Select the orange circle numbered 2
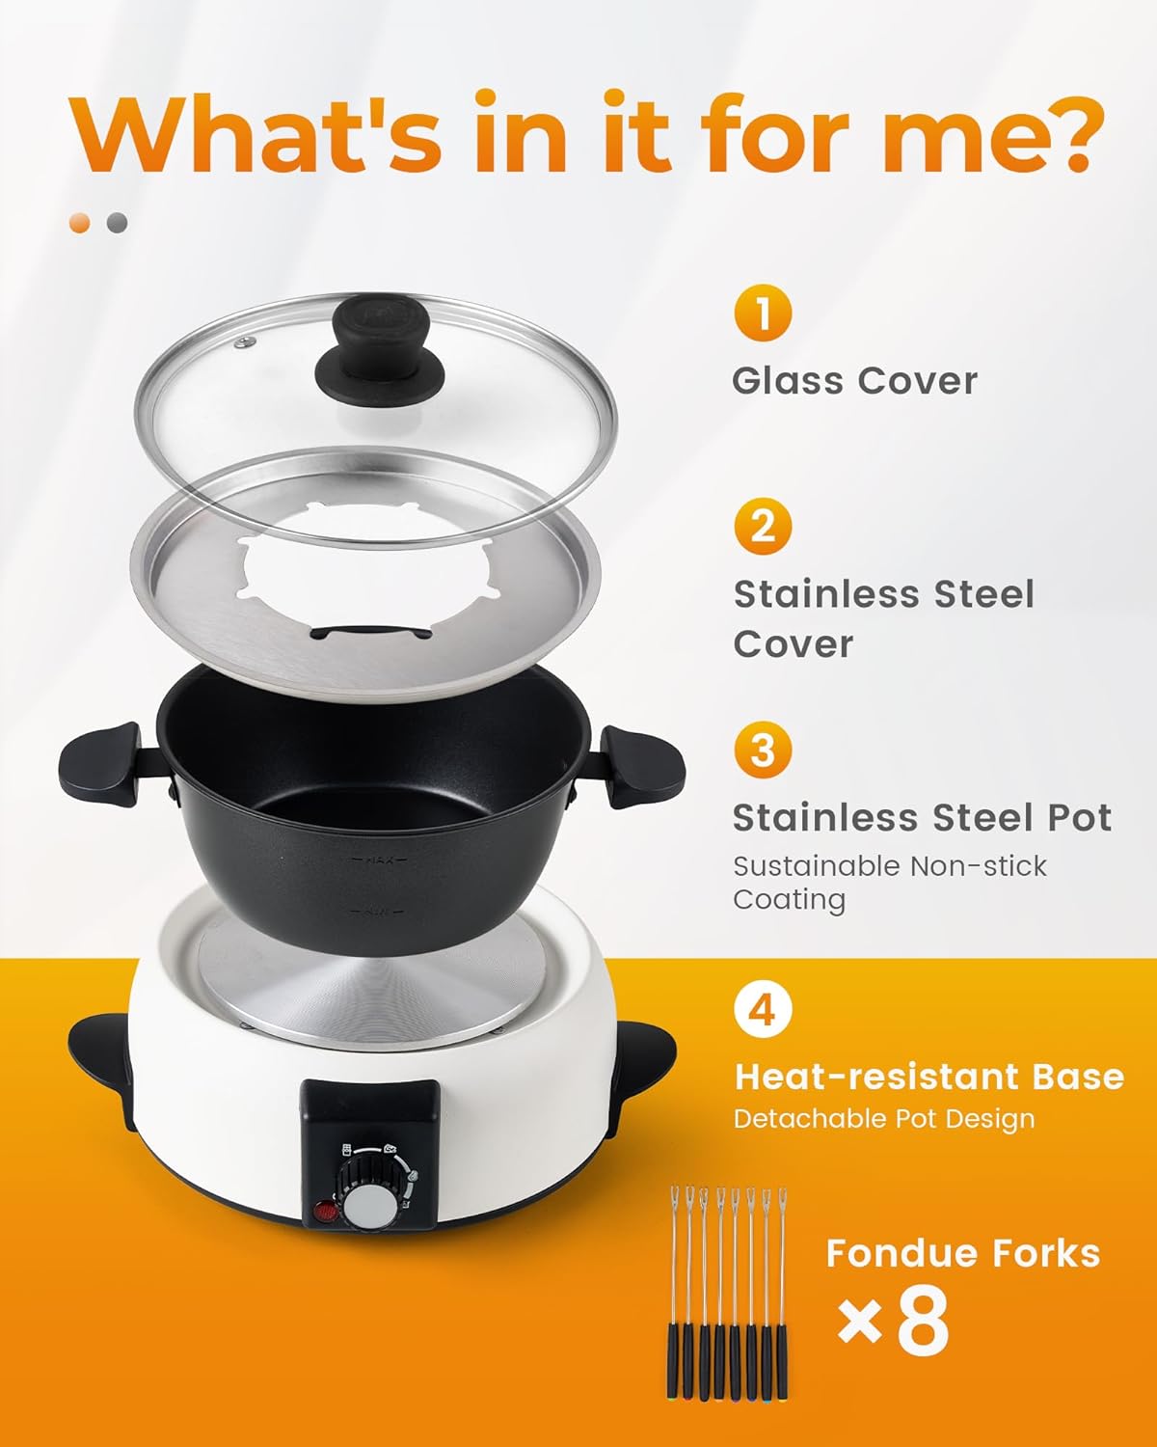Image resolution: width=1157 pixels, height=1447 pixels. click(x=763, y=528)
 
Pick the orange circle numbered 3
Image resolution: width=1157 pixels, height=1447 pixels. click(x=763, y=750)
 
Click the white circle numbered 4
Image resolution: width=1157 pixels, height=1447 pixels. click(x=763, y=1010)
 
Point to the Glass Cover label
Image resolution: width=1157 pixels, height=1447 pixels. click(x=854, y=381)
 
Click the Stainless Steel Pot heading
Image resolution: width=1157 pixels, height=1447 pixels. click(x=922, y=817)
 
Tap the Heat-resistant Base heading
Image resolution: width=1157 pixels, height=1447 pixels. click(x=929, y=1076)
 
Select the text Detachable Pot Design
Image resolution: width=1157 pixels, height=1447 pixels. click(x=884, y=1119)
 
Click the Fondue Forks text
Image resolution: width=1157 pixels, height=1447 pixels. click(x=963, y=1253)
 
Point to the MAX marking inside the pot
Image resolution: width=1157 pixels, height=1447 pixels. click(x=377, y=860)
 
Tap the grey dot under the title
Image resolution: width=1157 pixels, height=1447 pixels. click(x=118, y=223)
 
